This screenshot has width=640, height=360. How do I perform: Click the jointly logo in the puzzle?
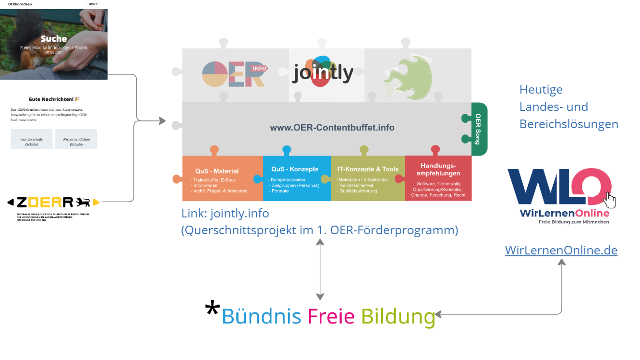[323, 73]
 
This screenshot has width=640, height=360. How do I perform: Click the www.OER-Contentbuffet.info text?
[332, 128]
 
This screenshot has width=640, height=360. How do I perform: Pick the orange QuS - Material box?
[222, 179]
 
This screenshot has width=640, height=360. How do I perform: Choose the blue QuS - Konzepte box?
[296, 179]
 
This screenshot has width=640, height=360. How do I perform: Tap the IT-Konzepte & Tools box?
[367, 179]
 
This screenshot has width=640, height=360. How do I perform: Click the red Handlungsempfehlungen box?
[438, 179]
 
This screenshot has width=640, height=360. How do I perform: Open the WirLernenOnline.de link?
[561, 250]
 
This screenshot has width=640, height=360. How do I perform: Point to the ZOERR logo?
[53, 202]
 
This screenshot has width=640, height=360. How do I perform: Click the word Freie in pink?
[331, 316]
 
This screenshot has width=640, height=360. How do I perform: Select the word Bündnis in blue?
[261, 316]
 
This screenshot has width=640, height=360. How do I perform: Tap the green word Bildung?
[398, 316]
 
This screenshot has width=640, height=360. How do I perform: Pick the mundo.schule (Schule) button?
[32, 141]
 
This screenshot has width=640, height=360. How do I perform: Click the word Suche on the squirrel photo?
[54, 39]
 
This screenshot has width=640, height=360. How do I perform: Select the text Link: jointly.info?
[225, 213]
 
